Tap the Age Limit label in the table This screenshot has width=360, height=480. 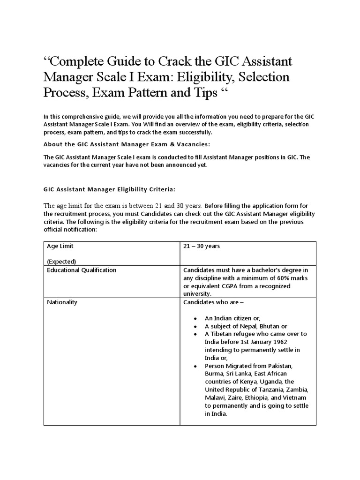pyautogui.click(x=60, y=246)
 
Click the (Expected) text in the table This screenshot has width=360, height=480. pyautogui.click(x=61, y=261)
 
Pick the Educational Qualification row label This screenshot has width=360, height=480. pyautogui.click(x=82, y=270)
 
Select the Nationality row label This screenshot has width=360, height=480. pyautogui.click(x=62, y=302)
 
